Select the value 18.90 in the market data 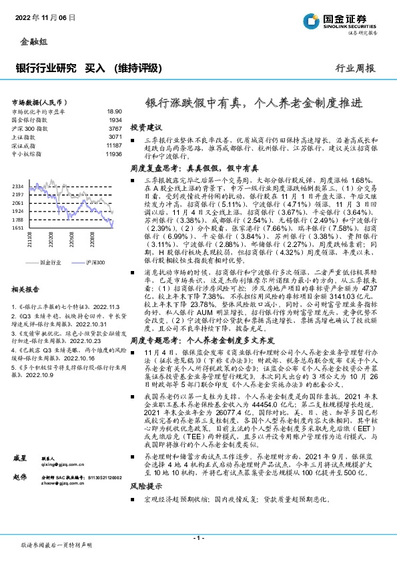point(115,112)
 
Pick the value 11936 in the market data point(114,154)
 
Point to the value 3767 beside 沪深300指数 point(115,129)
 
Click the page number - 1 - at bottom point(198,537)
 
